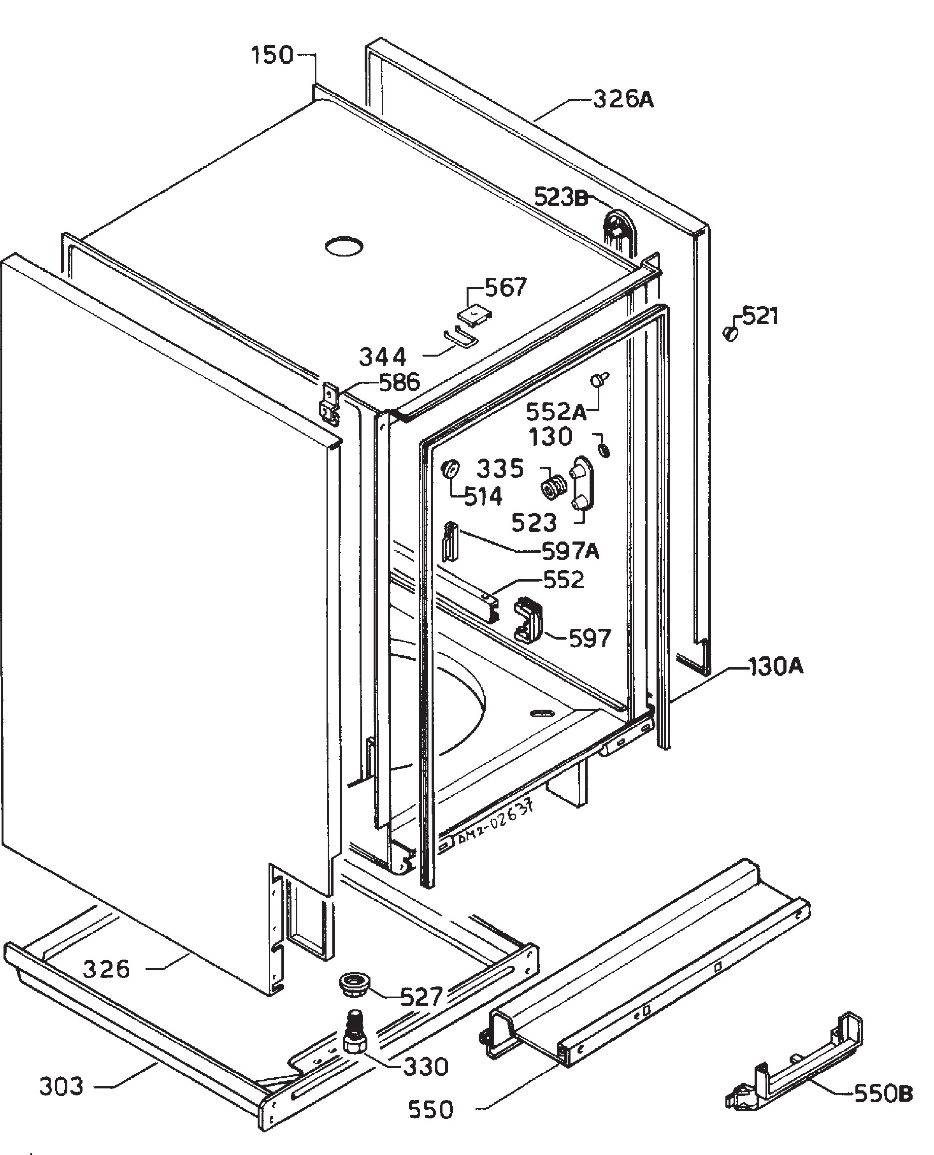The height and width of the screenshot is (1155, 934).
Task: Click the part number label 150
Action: point(273,55)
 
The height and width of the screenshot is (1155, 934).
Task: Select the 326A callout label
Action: point(623,100)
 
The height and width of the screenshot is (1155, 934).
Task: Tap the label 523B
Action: point(562,197)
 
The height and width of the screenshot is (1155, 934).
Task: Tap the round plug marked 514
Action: point(451,468)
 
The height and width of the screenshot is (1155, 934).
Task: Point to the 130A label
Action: point(775,667)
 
